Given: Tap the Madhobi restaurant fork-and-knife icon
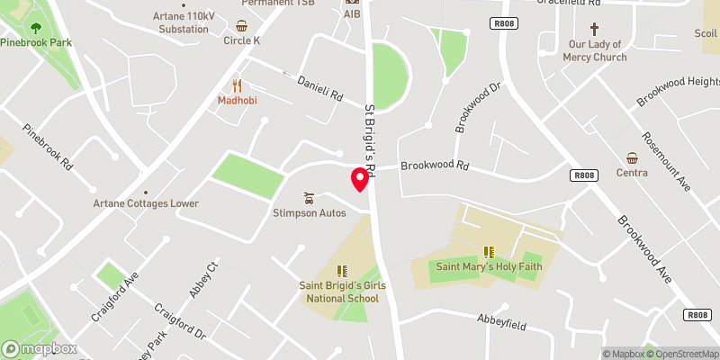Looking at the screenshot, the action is pyautogui.click(x=238, y=85).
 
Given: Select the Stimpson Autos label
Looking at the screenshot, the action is pyautogui.click(x=310, y=212).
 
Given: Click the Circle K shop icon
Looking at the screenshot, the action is pyautogui.click(x=242, y=26).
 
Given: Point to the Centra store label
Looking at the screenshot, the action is pyautogui.click(x=632, y=172).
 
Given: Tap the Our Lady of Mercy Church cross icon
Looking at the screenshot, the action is pyautogui.click(x=593, y=30).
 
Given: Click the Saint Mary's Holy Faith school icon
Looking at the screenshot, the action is pyautogui.click(x=489, y=252).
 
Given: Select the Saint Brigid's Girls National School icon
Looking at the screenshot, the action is pyautogui.click(x=342, y=271).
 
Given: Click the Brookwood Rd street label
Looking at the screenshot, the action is pyautogui.click(x=436, y=166).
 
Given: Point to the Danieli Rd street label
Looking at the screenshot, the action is pyautogui.click(x=320, y=88).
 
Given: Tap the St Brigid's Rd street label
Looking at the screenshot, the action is pyautogui.click(x=371, y=136).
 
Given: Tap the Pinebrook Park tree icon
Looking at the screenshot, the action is pyautogui.click(x=35, y=29).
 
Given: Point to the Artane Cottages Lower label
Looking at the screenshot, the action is pyautogui.click(x=146, y=203).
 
